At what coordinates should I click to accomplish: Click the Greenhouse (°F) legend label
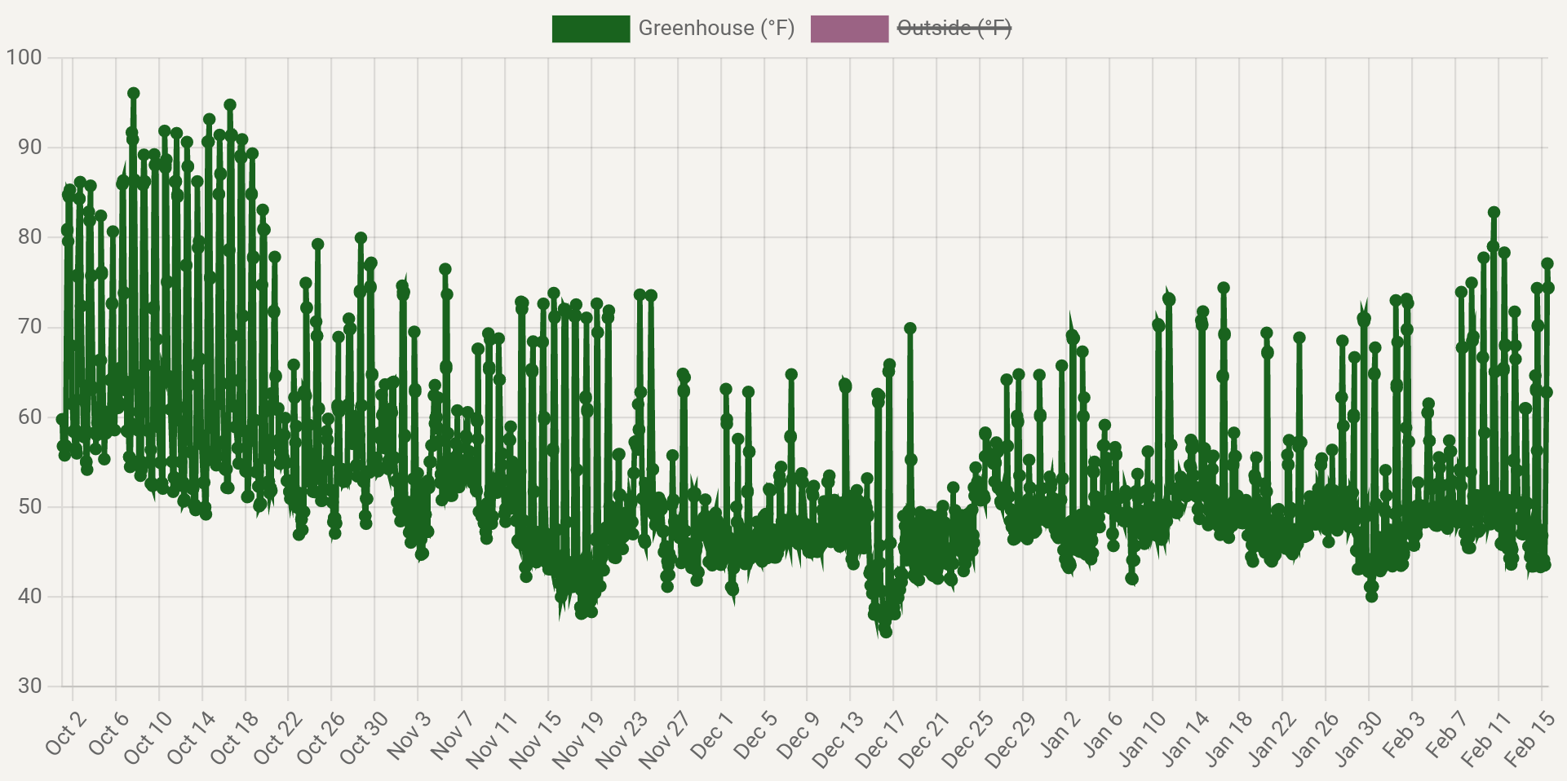pos(715,29)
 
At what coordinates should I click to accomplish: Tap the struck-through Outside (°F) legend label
pos(954,29)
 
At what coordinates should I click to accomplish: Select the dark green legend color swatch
pos(591,29)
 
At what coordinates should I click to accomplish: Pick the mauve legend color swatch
pos(849,29)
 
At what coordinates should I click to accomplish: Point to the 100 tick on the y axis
pos(24,58)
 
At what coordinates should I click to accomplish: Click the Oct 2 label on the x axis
pos(65,733)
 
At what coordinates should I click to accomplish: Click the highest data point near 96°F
pos(134,94)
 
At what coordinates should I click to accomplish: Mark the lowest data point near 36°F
pos(886,632)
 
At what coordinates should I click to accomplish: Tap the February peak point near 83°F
pos(1494,213)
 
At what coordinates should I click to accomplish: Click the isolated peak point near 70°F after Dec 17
pos(910,329)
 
